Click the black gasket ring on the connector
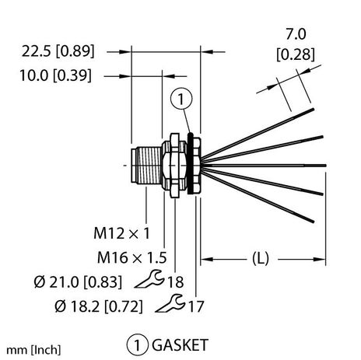pyautogui.click(x=191, y=164)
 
